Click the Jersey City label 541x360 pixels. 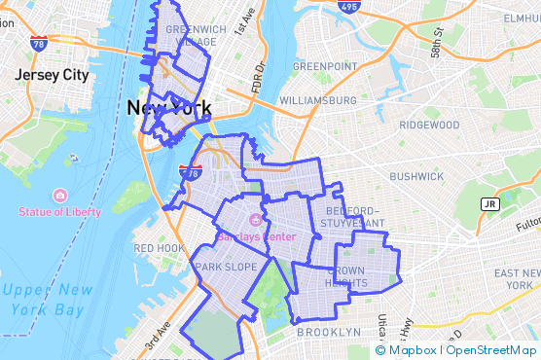pyautogui.click(x=52, y=75)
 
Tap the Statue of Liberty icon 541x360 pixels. pyautogui.click(x=59, y=195)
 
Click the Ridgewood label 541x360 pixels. pyautogui.click(x=429, y=125)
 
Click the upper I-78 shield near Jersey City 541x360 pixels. pyautogui.click(x=38, y=44)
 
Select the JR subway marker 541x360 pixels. pyautogui.click(x=489, y=203)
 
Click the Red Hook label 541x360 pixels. pyautogui.click(x=159, y=248)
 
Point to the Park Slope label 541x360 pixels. pyautogui.click(x=226, y=267)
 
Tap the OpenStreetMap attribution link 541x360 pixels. pyautogui.click(x=491, y=350)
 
